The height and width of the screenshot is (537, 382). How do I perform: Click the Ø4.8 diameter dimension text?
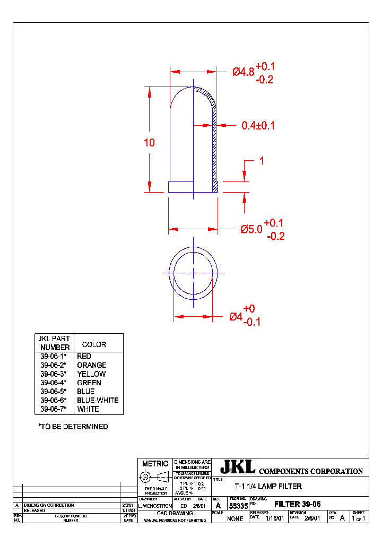[243, 72]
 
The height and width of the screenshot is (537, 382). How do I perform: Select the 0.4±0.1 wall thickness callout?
[258, 126]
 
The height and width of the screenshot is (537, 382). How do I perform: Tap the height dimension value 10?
[149, 142]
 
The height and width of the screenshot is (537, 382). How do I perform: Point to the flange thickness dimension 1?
[261, 161]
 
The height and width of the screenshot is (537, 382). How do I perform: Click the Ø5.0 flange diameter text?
[251, 229]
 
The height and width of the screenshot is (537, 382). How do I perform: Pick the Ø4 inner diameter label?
[236, 316]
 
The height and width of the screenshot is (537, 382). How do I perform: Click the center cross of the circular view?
[193, 272]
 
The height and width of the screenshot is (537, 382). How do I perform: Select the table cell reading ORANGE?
[91, 365]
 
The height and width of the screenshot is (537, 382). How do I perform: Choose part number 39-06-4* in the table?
[53, 383]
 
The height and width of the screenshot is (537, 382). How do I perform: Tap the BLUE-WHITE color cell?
[98, 400]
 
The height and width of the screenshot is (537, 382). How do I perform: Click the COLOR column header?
[94, 344]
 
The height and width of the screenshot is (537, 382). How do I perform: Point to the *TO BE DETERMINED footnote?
[73, 427]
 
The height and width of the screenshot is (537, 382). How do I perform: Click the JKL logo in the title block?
[237, 467]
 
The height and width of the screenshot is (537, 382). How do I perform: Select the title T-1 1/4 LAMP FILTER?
[268, 486]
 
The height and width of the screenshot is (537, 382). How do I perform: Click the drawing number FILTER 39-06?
[297, 504]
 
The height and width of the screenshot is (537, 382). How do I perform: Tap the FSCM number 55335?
[238, 507]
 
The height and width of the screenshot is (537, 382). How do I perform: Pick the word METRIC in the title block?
[155, 463]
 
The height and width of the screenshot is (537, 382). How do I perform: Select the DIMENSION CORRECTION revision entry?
[49, 505]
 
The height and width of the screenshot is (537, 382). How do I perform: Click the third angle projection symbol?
[155, 477]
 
